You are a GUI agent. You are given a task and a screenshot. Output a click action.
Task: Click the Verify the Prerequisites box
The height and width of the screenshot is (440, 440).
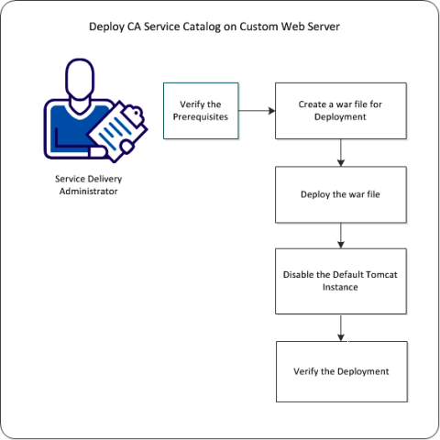coord(201,111)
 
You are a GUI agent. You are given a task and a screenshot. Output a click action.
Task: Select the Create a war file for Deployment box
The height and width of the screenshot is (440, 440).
coord(341,111)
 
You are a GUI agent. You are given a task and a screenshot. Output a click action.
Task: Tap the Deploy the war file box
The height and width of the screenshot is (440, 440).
coord(341,195)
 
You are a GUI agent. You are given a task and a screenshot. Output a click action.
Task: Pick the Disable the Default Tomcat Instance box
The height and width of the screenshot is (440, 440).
coord(341,280)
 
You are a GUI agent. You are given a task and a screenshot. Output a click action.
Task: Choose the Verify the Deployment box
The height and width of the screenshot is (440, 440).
coord(341,371)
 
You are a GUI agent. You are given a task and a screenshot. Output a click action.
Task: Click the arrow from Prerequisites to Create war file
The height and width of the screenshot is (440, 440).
coord(258,111)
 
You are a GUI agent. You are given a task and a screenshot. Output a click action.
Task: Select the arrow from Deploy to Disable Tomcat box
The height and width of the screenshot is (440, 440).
coord(341,236)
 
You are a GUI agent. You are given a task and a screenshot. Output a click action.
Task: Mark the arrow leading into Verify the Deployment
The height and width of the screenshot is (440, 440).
coord(341,326)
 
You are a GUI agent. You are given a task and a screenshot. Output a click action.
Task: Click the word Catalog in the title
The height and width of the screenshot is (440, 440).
coord(208,28)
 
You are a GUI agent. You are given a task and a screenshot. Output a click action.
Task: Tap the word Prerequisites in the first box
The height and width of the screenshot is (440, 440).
coord(201,117)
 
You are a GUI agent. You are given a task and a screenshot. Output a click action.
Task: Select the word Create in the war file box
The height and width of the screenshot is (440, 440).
coord(313,104)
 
